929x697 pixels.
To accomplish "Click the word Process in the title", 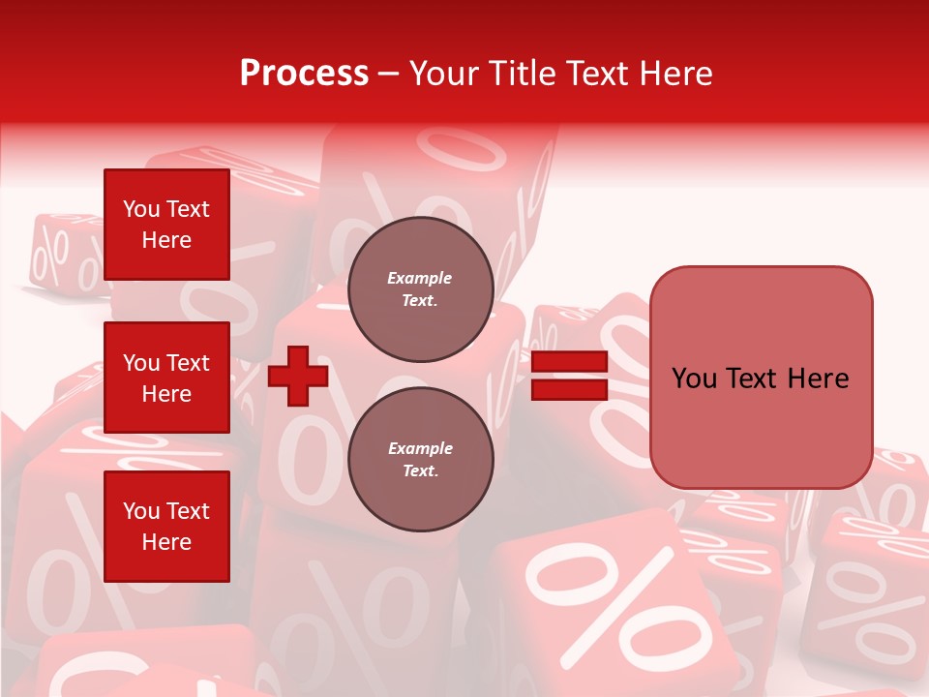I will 304,74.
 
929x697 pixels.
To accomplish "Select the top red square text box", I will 166,225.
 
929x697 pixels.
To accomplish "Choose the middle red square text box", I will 166,378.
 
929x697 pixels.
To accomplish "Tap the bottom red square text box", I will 166,527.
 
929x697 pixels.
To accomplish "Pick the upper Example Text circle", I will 421,289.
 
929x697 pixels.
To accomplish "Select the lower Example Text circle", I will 421,460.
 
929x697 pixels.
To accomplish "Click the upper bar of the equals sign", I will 570,362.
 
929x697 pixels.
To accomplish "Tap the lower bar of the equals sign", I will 570,389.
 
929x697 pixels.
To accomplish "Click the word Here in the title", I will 677,74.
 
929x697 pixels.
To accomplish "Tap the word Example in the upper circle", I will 419,278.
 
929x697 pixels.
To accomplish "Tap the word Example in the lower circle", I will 420,448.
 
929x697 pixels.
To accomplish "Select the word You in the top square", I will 141,209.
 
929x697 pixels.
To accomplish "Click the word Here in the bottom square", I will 166,542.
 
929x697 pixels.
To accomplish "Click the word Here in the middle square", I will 166,394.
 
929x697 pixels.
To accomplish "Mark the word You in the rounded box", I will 694,379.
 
